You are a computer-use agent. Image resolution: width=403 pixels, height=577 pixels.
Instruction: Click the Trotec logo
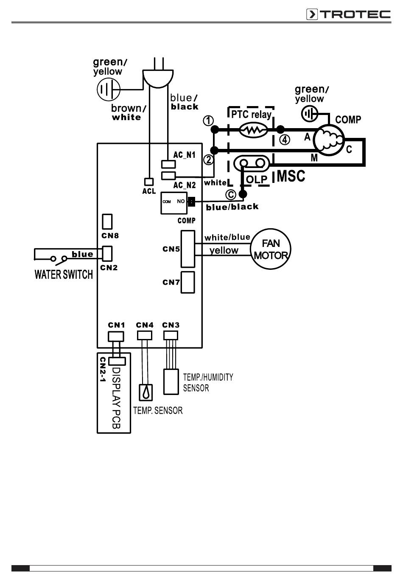[x=348, y=14]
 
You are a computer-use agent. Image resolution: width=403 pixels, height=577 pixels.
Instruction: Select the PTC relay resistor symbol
[x=253, y=130]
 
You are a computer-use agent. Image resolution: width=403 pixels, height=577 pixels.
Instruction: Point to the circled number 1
[x=208, y=120]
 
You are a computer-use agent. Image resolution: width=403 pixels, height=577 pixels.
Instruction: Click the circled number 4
[x=285, y=140]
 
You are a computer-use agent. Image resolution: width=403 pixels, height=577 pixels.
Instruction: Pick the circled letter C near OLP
[x=231, y=195]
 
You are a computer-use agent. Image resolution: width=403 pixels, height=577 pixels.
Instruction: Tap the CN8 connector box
[x=107, y=221]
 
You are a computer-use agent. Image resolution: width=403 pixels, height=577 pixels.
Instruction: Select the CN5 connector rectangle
[x=188, y=249]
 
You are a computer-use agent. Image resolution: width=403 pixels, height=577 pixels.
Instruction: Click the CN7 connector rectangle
[x=188, y=282]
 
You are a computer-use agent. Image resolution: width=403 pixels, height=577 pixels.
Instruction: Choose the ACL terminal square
[x=149, y=182]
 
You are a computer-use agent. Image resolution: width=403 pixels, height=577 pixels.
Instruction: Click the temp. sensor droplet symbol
[x=146, y=392]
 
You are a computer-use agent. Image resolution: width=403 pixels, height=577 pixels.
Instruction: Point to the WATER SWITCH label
[x=64, y=274]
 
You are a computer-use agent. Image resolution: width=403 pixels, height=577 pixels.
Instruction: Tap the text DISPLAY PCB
[x=116, y=398]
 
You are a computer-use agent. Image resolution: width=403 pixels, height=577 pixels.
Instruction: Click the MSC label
[x=291, y=176]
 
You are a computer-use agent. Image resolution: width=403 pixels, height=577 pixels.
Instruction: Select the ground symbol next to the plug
[x=109, y=90]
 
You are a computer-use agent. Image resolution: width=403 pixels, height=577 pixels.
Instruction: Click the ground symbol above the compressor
[x=310, y=114]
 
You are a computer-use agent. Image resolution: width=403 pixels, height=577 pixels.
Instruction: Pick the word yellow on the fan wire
[x=224, y=251]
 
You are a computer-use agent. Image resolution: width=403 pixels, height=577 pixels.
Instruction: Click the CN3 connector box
[x=171, y=335]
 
